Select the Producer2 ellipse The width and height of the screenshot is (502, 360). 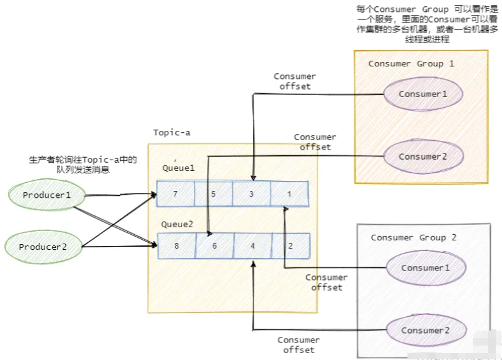[x=42, y=247]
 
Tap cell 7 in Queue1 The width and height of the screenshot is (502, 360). [x=175, y=194]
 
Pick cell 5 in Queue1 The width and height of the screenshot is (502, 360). [x=213, y=194]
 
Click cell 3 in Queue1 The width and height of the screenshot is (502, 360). [x=251, y=194]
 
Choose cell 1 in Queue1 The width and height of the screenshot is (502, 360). [x=289, y=194]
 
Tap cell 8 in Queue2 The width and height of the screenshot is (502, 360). [x=177, y=246]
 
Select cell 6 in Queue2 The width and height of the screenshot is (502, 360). [x=215, y=246]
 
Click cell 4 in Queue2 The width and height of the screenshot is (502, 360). [x=253, y=246]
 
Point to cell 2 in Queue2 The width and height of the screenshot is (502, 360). [x=291, y=246]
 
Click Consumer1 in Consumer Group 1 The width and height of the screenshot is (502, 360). [x=423, y=94]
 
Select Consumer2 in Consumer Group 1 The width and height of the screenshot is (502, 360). [x=423, y=157]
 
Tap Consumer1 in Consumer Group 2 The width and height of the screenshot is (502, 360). [x=426, y=268]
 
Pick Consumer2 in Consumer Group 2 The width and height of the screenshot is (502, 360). [x=426, y=330]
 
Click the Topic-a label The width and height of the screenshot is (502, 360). [x=172, y=133]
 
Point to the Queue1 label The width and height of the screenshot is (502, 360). [x=178, y=168]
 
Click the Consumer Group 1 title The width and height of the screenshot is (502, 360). [x=411, y=64]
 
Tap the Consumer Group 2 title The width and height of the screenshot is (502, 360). [x=414, y=237]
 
